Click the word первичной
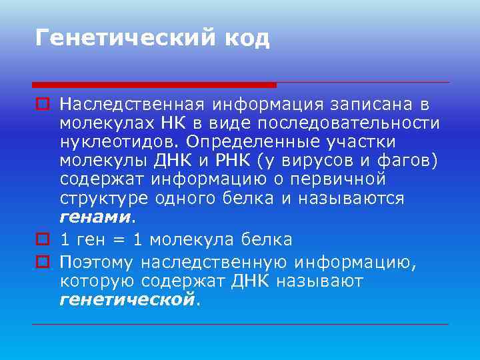point(342,179)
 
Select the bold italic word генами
point(95,217)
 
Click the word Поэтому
point(96,263)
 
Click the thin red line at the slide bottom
point(240,325)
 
